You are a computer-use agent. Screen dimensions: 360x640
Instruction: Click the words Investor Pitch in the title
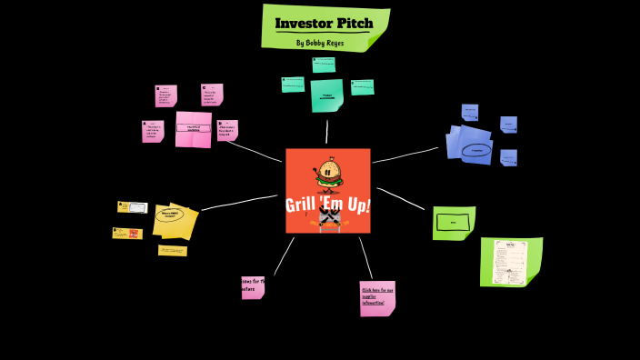click(x=324, y=23)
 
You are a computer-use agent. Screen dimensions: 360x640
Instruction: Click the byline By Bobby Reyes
click(x=320, y=43)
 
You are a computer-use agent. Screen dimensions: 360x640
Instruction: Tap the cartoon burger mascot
click(x=327, y=173)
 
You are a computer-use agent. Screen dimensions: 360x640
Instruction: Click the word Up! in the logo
click(x=356, y=205)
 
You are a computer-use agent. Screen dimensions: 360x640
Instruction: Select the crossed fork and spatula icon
click(x=328, y=219)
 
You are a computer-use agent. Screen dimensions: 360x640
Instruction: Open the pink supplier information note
click(x=376, y=297)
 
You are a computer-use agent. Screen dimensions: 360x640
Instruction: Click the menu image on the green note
click(x=509, y=262)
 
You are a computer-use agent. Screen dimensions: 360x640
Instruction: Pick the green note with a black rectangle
click(x=453, y=222)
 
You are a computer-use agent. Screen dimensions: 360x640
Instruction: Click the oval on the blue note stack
click(x=475, y=150)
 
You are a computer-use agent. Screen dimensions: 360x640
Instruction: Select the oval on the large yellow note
click(x=169, y=215)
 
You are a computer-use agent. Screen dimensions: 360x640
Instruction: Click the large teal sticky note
click(x=326, y=95)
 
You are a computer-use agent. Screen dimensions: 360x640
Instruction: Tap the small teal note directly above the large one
click(x=324, y=65)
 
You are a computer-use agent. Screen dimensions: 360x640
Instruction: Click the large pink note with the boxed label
click(x=193, y=128)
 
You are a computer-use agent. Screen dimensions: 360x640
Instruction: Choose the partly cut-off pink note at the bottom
click(x=252, y=286)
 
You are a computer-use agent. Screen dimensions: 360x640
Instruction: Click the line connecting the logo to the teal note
click(x=326, y=132)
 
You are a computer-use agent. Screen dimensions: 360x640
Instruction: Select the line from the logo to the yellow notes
click(x=239, y=202)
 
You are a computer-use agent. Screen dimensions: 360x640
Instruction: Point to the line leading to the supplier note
click(x=365, y=257)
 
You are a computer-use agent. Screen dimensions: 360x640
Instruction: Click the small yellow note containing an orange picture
click(x=127, y=234)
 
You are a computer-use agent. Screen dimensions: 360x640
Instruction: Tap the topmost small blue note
click(x=469, y=112)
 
